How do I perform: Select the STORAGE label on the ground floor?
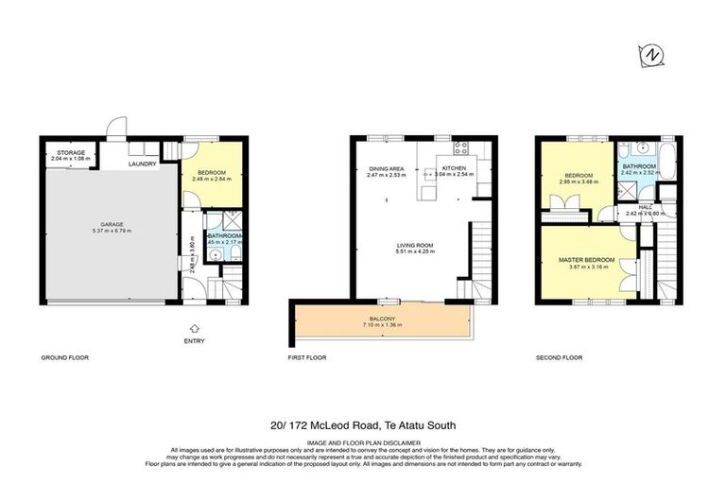pos(71,151)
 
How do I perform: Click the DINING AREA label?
pos(386,168)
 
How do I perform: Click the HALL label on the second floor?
pos(645,206)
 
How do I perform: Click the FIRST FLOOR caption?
pos(306,358)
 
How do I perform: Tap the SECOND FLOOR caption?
pos(560,358)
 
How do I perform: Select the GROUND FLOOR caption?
pos(63,358)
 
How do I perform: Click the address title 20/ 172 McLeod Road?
pos(362,425)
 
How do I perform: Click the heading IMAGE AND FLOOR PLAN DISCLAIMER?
pos(362,441)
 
